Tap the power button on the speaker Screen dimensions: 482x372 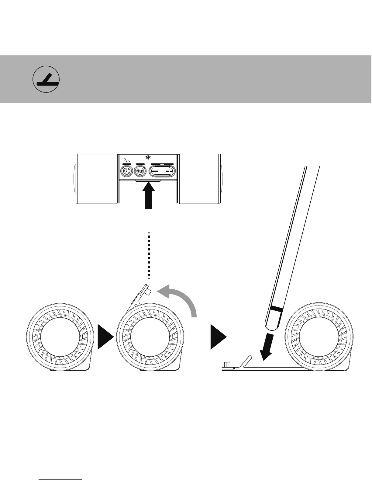point(126,171)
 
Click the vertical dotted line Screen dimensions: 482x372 point(149,256)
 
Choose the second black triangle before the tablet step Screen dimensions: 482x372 point(218,336)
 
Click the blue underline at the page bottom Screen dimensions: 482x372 point(60,479)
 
